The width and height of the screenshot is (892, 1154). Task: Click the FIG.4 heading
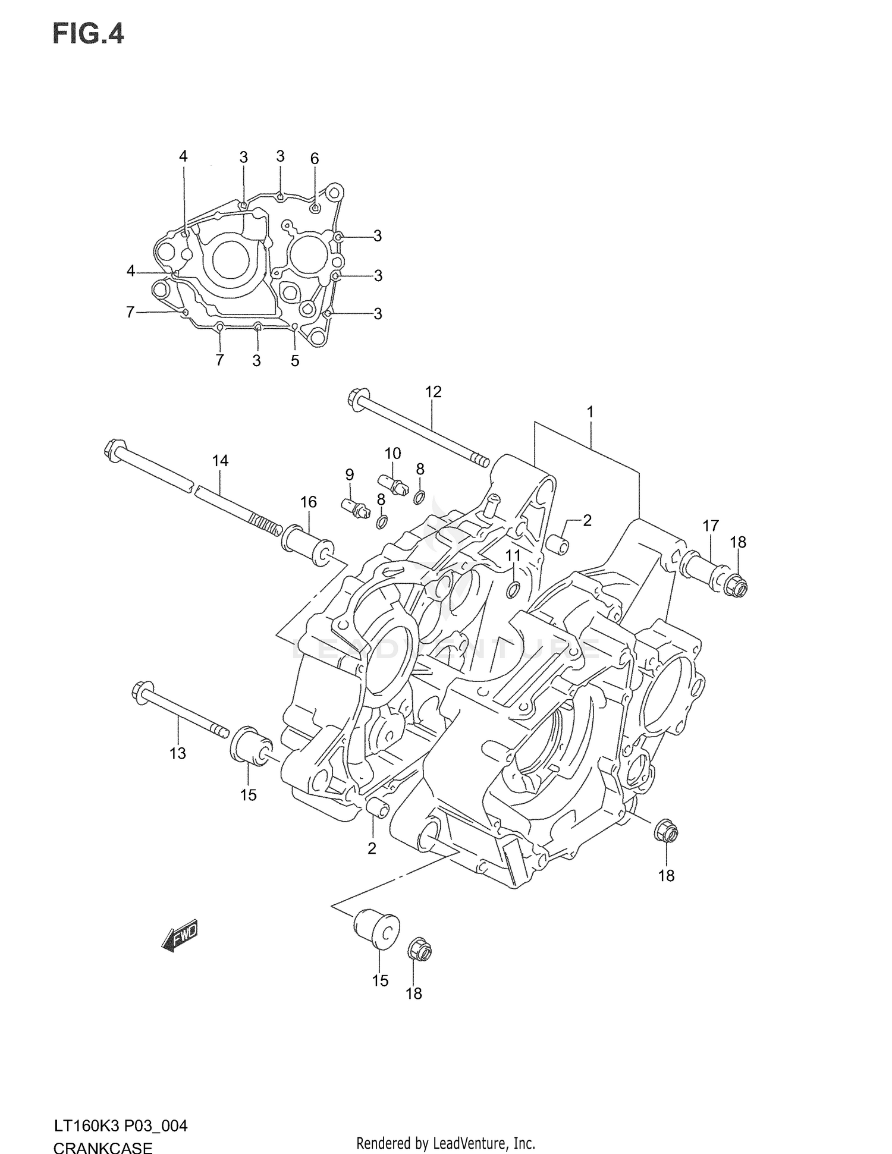[89, 34]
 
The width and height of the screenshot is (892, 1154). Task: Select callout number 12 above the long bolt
[434, 392]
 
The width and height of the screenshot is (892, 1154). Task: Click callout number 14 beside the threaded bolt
[220, 460]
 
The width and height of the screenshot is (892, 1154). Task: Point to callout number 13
[177, 753]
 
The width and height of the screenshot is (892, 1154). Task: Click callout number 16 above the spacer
[308, 502]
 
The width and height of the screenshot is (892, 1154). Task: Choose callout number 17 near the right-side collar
[711, 526]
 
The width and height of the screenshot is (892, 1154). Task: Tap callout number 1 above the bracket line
[590, 411]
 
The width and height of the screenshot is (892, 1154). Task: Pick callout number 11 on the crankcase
[513, 555]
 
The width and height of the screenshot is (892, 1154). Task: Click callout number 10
[392, 453]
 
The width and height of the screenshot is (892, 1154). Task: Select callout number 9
[350, 474]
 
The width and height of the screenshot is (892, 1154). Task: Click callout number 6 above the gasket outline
[315, 158]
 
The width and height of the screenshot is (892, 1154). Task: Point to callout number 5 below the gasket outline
[295, 360]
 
